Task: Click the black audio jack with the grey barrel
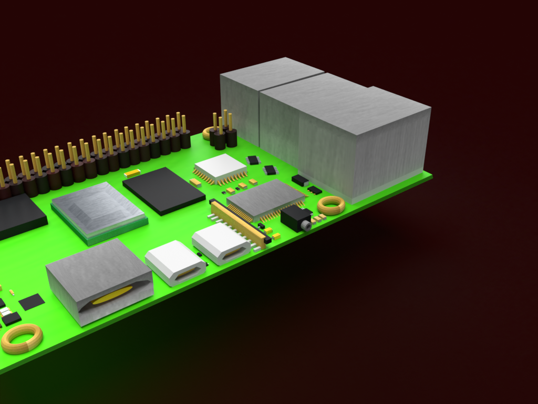[x=297, y=218]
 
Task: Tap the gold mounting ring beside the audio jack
[x=331, y=205]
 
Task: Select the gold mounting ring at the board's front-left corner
[x=22, y=338]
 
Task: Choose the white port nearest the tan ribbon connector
[x=221, y=244]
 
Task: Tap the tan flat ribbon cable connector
[x=239, y=223]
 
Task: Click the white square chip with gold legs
[x=220, y=168]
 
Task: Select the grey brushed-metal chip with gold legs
[x=265, y=199]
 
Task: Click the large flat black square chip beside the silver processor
[x=163, y=190]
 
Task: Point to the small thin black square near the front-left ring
[x=32, y=301]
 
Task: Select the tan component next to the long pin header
[x=132, y=173]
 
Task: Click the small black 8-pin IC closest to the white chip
[x=253, y=160]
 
